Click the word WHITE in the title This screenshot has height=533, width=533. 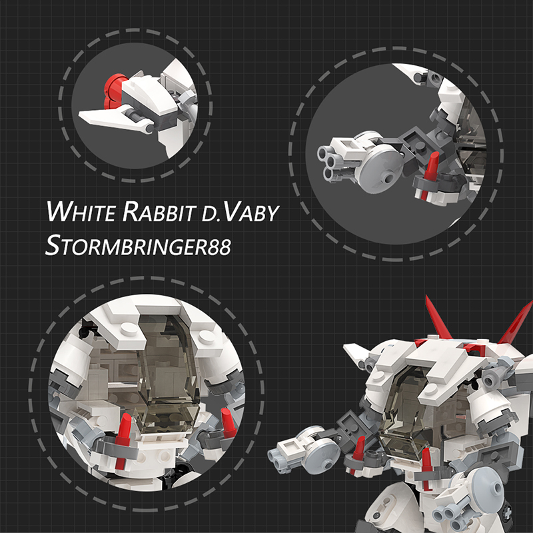point(81,211)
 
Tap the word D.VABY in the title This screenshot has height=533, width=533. point(240,212)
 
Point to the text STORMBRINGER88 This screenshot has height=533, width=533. point(138,245)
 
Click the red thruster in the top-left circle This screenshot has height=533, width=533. point(113,90)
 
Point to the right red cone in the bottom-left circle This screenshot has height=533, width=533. point(228,422)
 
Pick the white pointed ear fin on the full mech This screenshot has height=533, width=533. point(357,352)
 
